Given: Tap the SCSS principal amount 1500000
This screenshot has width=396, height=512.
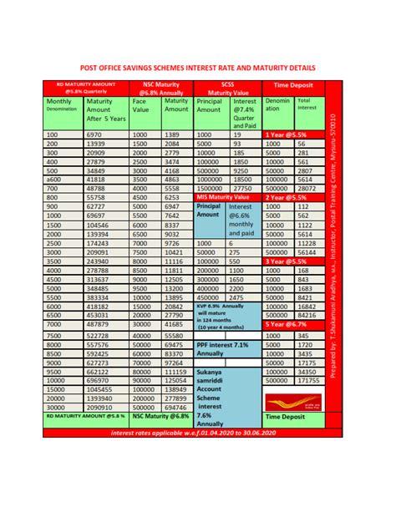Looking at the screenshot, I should click(x=211, y=189).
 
